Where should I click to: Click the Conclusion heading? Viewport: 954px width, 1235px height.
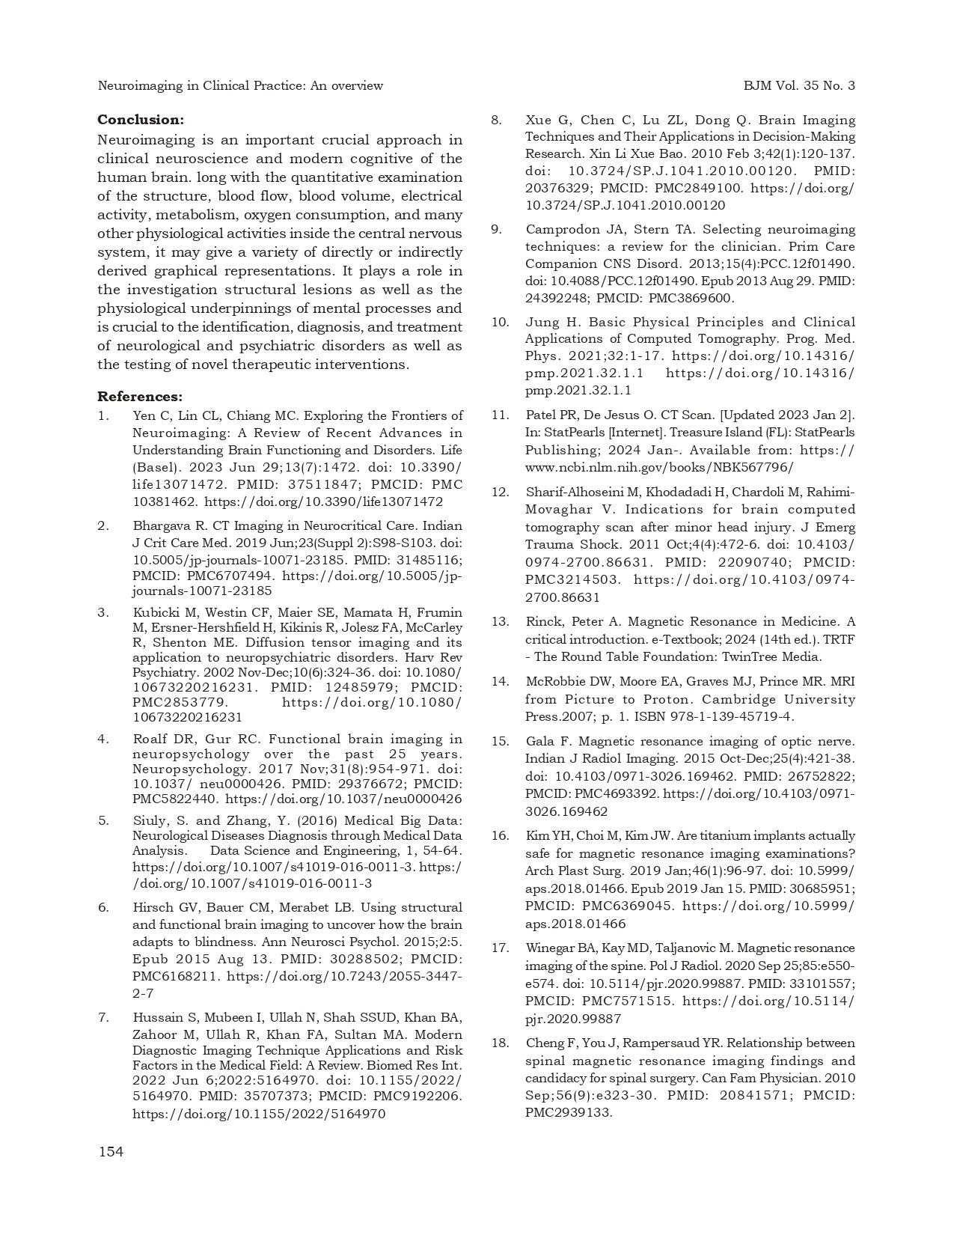(x=141, y=120)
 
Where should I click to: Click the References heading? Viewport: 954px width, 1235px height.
(x=140, y=397)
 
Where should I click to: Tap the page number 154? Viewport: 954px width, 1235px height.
(x=111, y=1152)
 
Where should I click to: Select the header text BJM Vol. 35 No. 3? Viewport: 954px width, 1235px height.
(x=799, y=86)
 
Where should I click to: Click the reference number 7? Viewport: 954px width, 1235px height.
(x=103, y=1017)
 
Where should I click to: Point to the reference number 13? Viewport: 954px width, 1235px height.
(x=500, y=622)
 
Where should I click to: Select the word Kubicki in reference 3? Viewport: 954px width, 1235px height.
(x=153, y=613)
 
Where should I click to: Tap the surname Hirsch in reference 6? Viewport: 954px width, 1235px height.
(x=151, y=908)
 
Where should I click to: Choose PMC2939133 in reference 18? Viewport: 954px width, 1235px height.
(x=568, y=1113)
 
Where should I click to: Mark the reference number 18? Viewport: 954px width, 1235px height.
(x=500, y=1043)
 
